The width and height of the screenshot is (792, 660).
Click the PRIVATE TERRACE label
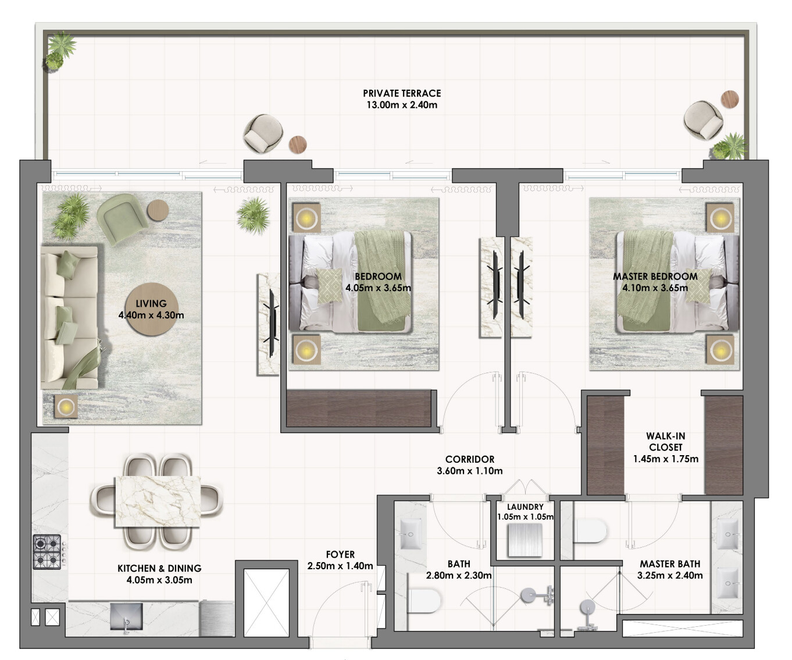point(402,94)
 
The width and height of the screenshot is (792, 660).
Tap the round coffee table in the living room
point(152,310)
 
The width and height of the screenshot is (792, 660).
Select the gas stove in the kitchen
point(47,552)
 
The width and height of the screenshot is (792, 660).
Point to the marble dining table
point(158,501)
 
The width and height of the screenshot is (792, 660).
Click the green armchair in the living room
point(122,219)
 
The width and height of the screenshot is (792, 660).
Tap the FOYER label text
point(340,555)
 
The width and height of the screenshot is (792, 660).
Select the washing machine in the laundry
point(525,540)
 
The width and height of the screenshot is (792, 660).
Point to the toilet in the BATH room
point(424,601)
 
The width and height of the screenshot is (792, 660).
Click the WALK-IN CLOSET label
point(665,442)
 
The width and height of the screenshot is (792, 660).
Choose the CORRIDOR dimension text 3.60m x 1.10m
point(470,471)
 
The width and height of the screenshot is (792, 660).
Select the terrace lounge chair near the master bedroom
point(703,120)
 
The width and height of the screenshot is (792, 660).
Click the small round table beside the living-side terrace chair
point(298,145)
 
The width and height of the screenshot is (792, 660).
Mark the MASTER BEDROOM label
point(655,276)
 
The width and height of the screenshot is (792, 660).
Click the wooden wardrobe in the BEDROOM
point(358,408)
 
